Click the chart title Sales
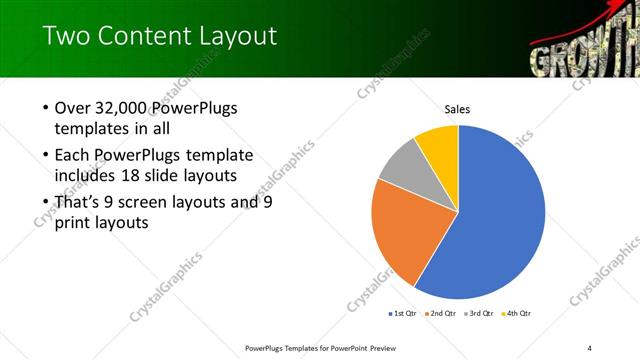(457, 110)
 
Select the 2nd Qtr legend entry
(441, 313)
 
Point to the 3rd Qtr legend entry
(479, 313)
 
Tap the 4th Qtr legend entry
(516, 313)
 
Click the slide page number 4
(590, 347)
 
